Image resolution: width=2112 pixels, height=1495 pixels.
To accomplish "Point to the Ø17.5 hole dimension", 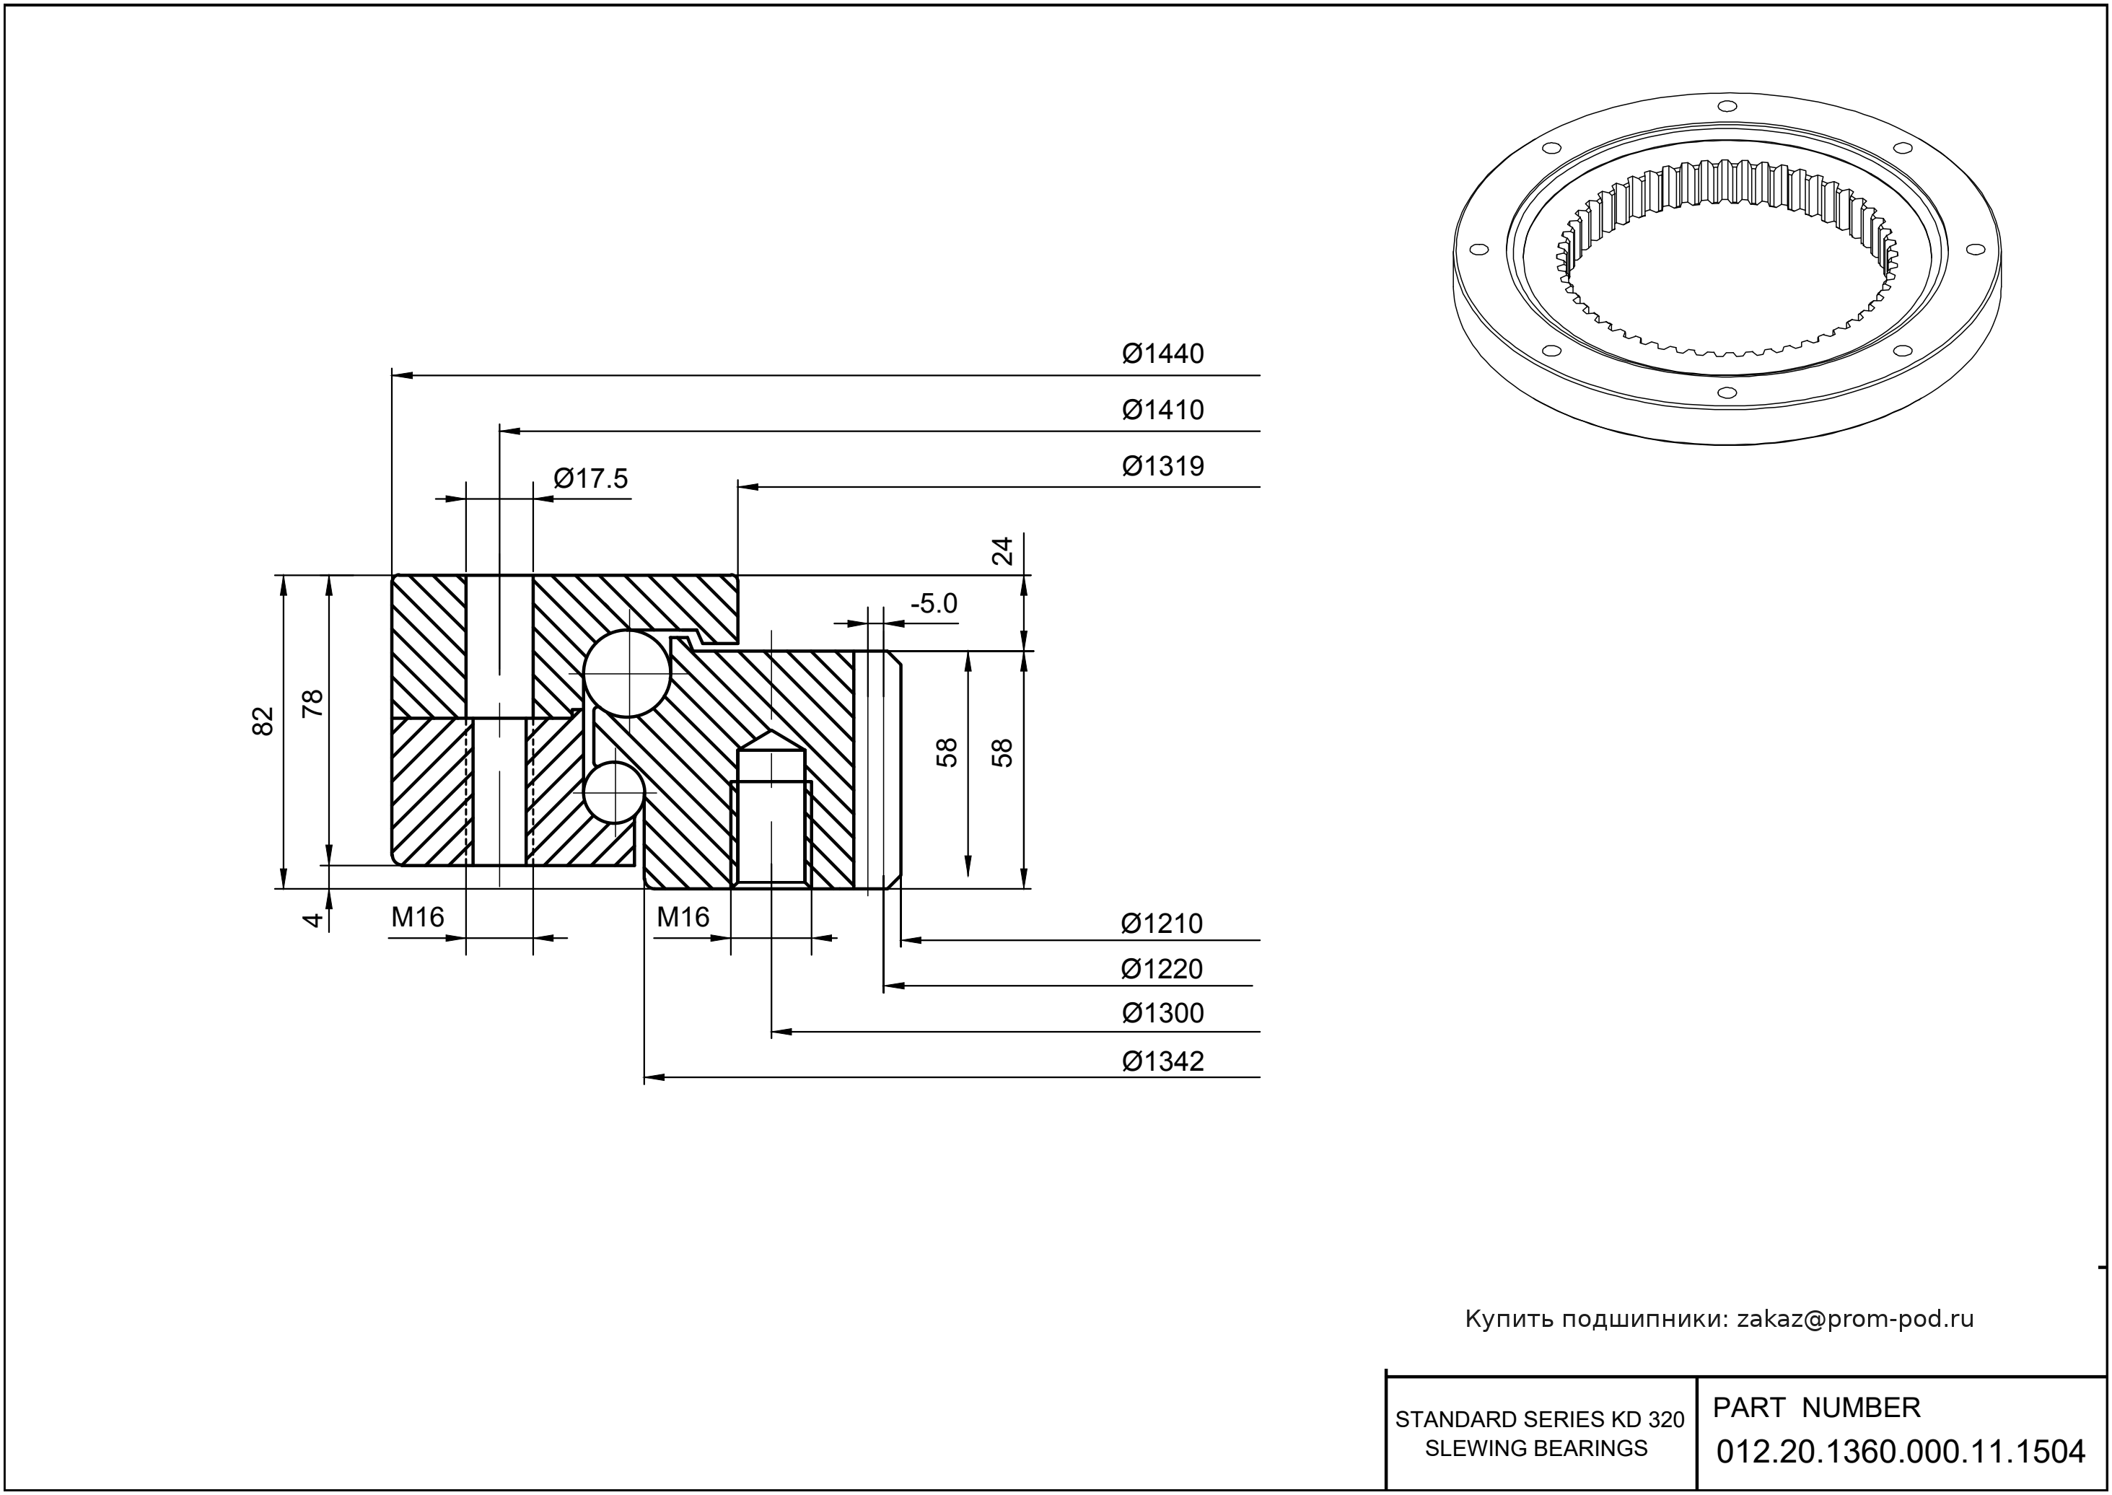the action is (x=591, y=478).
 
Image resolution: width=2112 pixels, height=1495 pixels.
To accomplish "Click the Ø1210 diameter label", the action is (x=1162, y=924).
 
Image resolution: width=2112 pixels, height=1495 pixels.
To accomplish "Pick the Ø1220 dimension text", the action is (x=1162, y=968).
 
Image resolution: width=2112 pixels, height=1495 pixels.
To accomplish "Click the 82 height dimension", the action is (x=263, y=721).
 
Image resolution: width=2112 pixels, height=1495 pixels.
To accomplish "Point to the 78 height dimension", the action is (x=313, y=703).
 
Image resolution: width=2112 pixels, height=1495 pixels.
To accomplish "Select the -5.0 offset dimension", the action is (x=934, y=604).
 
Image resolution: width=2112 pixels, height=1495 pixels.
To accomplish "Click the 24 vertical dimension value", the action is (x=1002, y=551).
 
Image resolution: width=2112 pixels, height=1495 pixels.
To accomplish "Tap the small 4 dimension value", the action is (x=313, y=919).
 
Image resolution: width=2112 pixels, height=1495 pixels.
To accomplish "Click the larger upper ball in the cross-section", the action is (x=628, y=674).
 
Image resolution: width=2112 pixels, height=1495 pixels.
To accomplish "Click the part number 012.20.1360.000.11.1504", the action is (x=1901, y=1452).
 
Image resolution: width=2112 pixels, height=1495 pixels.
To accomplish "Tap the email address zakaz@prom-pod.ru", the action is (x=1855, y=1319).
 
